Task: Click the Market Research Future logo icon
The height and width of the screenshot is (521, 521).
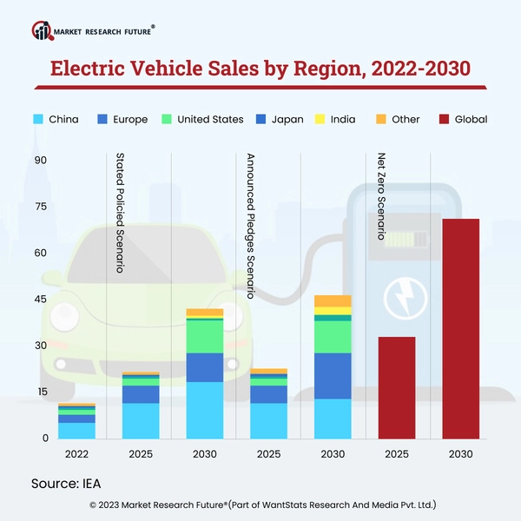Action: [42, 31]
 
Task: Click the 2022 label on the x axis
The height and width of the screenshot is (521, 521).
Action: [76, 454]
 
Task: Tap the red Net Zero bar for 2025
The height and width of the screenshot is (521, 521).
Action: [396, 387]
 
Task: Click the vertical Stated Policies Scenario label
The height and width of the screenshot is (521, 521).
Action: [121, 214]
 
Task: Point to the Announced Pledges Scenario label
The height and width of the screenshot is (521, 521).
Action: [250, 227]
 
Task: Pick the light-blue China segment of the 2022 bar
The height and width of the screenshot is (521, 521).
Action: [76, 430]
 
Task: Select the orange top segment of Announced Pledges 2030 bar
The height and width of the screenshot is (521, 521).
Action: [333, 300]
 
